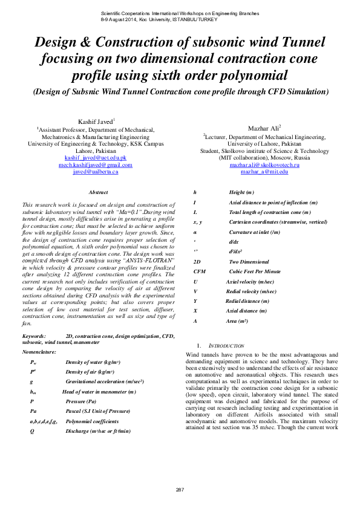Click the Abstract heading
click(x=98, y=192)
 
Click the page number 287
click(x=180, y=488)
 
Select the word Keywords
click(x=34, y=335)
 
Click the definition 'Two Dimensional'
click(x=249, y=262)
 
